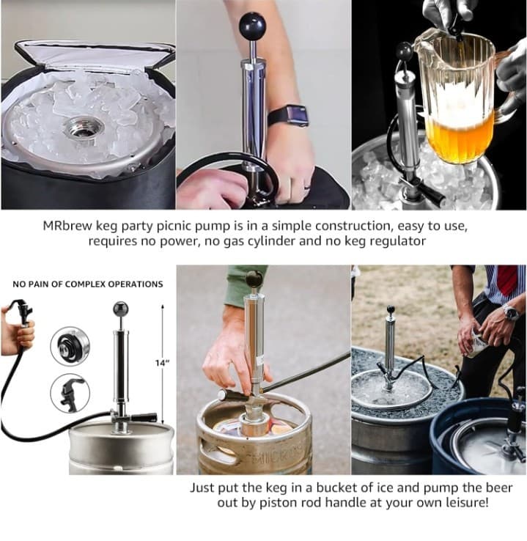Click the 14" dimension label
click(x=163, y=363)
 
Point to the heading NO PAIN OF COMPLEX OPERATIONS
click(x=88, y=284)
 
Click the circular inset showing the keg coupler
click(x=70, y=345)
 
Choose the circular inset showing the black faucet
click(x=70, y=394)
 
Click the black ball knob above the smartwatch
click(x=252, y=26)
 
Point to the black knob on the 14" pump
click(x=120, y=309)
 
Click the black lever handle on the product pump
click(x=144, y=418)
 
